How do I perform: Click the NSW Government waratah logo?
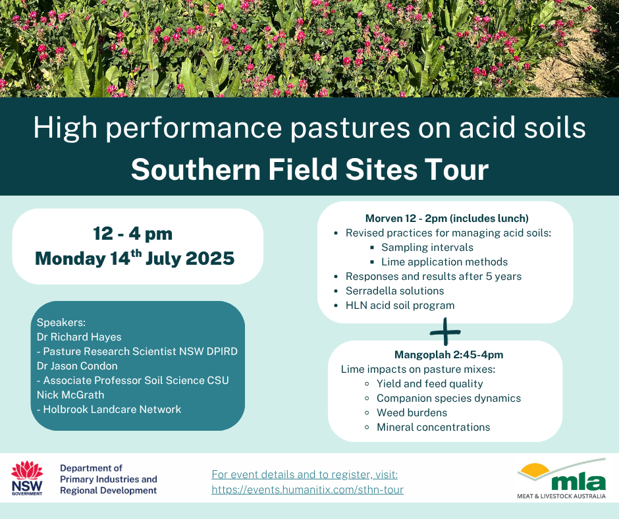[x=27, y=478]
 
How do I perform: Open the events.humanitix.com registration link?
[x=308, y=489]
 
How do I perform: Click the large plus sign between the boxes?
[x=445, y=332]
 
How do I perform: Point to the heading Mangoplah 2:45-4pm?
[x=449, y=355]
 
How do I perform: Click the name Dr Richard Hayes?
[x=79, y=337]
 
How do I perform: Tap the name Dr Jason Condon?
[x=77, y=366]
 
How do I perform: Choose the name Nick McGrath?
[x=70, y=395]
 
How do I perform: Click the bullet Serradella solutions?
[x=394, y=290]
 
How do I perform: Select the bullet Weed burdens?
[x=412, y=413]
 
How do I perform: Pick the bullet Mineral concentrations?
[x=433, y=427]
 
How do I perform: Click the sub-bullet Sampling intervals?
[x=427, y=247]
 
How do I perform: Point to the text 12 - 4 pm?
[x=133, y=234]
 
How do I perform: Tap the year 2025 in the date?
[x=209, y=258]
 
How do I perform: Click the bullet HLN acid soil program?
[x=400, y=306]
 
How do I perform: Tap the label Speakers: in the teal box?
[x=61, y=322]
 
